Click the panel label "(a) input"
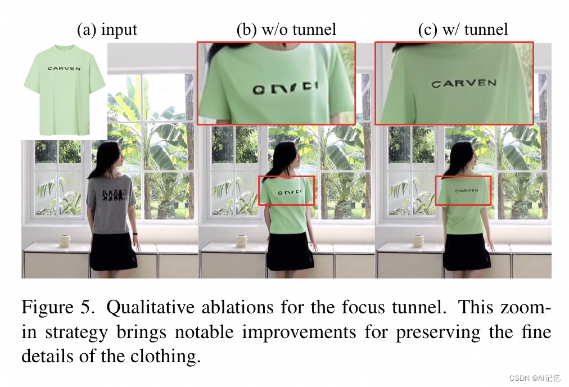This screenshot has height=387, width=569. coord(107,30)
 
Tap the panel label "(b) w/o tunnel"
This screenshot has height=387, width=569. coord(286,30)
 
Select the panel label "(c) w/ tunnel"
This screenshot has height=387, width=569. coord(463,30)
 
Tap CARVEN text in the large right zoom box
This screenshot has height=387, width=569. coord(464,84)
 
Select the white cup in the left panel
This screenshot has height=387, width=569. coord(65,241)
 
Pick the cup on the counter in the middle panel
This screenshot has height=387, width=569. coord(242,241)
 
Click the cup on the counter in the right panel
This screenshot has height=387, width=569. coord(418,241)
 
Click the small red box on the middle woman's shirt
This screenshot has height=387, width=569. coord(286,191)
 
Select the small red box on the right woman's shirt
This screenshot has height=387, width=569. coord(463,191)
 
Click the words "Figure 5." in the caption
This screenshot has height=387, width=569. coord(58,307)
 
